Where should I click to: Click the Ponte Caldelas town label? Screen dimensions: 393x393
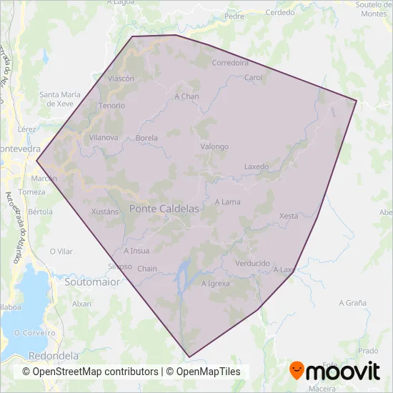[164, 208]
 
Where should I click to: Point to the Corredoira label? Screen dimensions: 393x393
[230, 63]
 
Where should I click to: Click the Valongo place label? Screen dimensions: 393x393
[214, 146]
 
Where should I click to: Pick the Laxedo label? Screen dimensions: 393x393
[257, 166]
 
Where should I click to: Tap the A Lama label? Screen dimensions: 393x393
[227, 202]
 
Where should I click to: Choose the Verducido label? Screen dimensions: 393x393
[252, 263]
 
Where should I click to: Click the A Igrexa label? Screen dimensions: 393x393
[215, 284]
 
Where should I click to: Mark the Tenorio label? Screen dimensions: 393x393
[112, 106]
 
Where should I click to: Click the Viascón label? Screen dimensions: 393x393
[121, 79]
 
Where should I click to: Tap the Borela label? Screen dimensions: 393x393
[146, 138]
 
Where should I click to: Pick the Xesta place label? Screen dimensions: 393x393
[289, 216]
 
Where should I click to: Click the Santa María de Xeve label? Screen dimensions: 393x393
[59, 99]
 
